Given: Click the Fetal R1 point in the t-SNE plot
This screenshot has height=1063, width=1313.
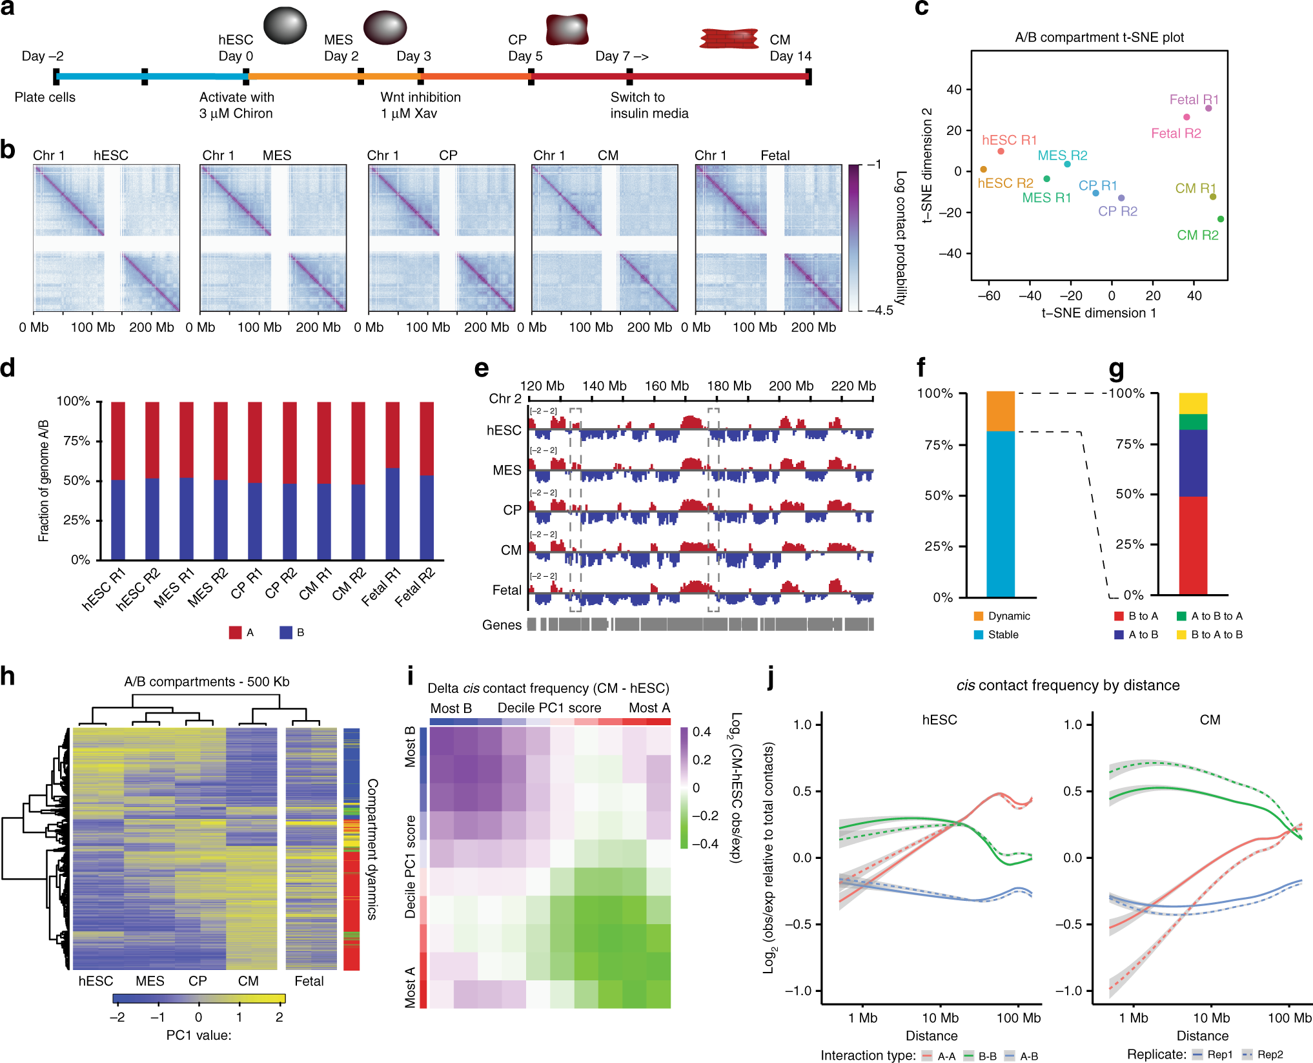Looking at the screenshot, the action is point(1208,108).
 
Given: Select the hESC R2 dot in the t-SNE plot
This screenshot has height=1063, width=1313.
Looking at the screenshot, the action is point(983,170).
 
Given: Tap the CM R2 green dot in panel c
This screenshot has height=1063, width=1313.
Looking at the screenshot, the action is point(1221,219).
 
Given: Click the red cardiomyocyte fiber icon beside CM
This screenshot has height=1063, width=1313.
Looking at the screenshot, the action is point(729,38).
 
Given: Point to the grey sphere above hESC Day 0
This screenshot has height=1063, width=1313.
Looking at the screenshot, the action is point(285,25).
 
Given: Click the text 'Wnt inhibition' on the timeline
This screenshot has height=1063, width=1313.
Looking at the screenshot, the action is point(420,98).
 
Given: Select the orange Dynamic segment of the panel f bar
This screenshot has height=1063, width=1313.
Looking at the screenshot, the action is point(1001,411).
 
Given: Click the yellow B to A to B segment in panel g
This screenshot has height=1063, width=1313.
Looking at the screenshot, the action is point(1193,404).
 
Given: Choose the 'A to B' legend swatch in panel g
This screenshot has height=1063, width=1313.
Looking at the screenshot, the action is point(1119,635).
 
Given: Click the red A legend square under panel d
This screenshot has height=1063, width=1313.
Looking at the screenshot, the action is point(235,633).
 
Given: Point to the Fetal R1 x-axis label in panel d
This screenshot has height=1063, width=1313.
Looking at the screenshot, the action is point(382,587).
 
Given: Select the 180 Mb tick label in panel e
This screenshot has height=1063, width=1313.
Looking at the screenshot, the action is point(729,386).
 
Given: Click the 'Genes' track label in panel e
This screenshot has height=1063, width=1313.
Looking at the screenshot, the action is point(502,625).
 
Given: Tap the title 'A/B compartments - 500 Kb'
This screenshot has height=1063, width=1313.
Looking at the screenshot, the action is point(207,682).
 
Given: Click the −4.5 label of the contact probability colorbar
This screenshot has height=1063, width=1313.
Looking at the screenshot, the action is point(880,311).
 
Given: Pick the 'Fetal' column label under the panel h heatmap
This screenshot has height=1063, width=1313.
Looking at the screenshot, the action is point(309,981).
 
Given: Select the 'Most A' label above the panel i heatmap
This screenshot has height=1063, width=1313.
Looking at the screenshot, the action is point(649,708).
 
